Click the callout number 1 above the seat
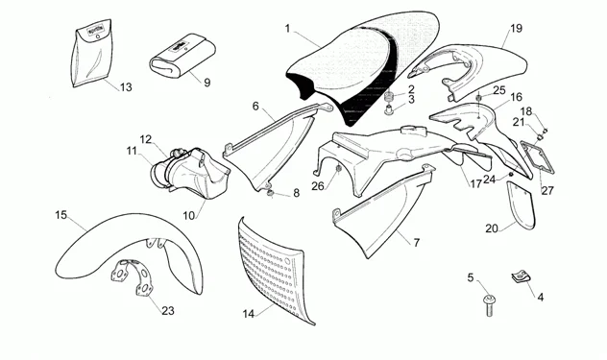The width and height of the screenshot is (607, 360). [286, 29]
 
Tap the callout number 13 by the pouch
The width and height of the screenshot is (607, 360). [125, 87]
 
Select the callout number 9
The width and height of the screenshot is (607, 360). [206, 83]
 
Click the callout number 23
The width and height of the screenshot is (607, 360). [168, 310]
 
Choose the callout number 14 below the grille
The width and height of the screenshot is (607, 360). [248, 313]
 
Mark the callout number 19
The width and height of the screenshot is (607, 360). [516, 28]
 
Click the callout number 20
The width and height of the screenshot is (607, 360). [491, 228]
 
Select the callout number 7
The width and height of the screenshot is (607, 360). [416, 243]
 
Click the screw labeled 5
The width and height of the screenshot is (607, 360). [489, 304]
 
